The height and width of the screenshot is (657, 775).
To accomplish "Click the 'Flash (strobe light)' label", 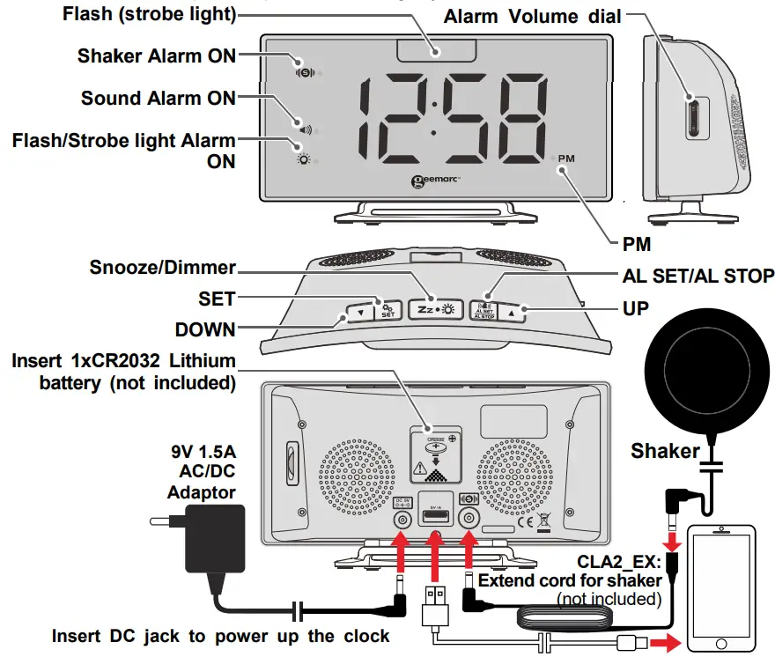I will [150, 15].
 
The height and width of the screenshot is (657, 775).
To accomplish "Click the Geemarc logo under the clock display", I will [436, 182].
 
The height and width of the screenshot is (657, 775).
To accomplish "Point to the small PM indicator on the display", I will [565, 159].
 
